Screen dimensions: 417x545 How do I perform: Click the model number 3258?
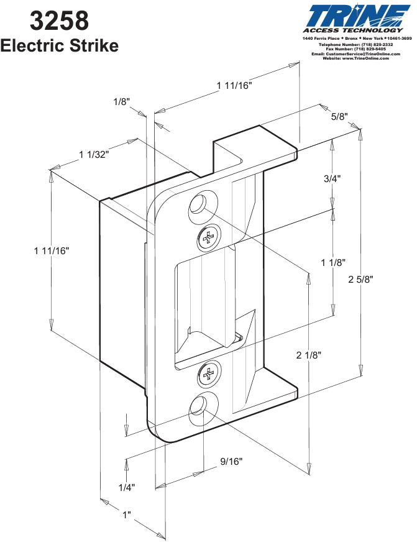click(59, 21)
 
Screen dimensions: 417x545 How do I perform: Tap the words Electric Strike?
click(60, 45)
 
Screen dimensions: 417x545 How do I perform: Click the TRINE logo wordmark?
click(359, 16)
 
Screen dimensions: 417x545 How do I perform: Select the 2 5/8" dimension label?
click(363, 279)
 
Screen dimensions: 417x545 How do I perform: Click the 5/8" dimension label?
click(339, 116)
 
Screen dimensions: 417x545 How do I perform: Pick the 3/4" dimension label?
click(332, 178)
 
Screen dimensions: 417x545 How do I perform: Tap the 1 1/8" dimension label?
click(333, 263)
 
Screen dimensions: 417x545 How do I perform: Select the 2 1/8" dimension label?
click(309, 355)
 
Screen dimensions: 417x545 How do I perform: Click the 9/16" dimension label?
click(231, 462)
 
